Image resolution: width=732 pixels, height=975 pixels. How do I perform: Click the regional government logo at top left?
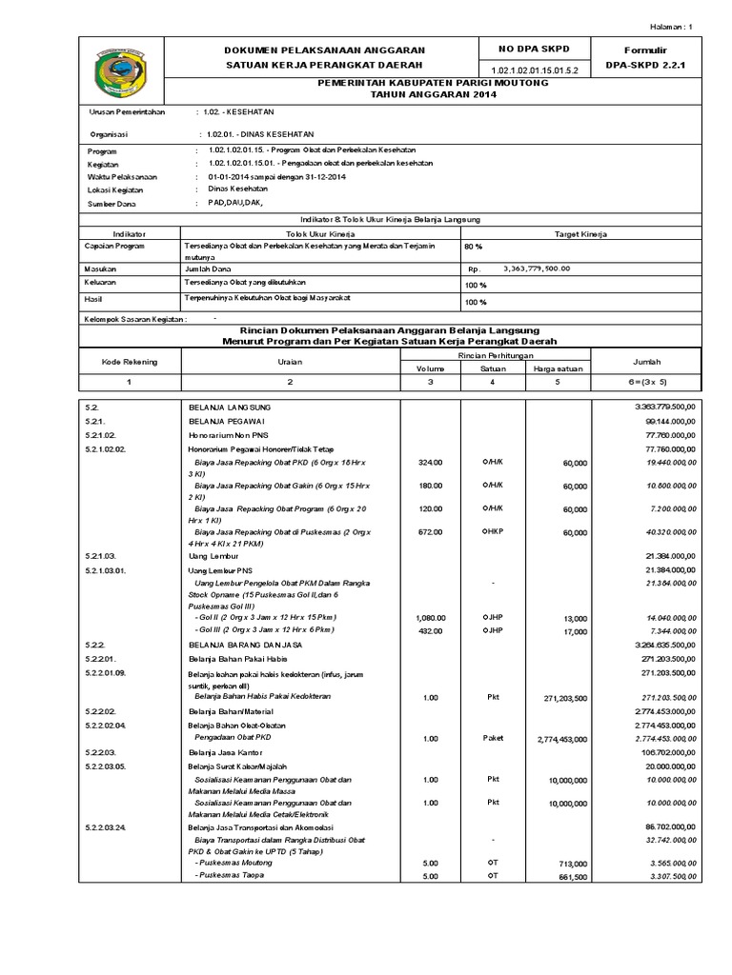point(120,71)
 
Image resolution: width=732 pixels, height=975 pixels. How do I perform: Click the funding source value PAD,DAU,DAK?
point(228,204)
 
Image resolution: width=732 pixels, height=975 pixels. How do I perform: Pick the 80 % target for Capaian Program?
point(474,248)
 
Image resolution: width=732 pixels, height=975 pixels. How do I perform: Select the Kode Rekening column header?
point(130,363)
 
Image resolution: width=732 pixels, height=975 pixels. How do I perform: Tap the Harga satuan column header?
point(559,368)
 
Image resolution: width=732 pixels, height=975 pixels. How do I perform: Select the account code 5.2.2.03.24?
point(112,826)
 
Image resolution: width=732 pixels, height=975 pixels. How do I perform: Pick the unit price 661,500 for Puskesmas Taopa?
point(569,877)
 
